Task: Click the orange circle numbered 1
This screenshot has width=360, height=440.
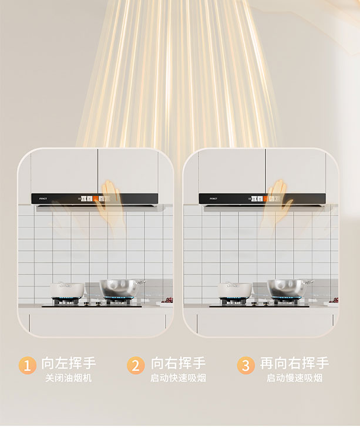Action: point(27,365)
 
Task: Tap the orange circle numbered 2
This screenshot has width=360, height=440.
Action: point(136,365)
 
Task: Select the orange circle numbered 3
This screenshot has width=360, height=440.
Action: point(246,365)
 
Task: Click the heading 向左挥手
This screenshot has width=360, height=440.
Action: point(69,363)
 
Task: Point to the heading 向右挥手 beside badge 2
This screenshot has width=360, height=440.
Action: point(179,363)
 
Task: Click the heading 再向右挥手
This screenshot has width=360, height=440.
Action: point(294,363)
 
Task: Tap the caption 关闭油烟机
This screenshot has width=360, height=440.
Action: point(69,378)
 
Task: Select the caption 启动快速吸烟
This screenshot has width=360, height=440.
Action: point(178,378)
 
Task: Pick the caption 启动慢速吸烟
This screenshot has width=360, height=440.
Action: point(294,378)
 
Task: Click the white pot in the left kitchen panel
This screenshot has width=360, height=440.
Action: point(67,290)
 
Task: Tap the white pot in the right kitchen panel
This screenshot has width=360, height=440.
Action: point(235,290)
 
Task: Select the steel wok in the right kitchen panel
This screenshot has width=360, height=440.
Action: point(288,288)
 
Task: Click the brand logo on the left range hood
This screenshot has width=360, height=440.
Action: point(43,199)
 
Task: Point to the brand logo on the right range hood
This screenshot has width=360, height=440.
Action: point(213,199)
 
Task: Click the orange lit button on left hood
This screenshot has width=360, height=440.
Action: point(96,199)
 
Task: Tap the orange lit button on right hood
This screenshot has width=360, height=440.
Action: point(265,199)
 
